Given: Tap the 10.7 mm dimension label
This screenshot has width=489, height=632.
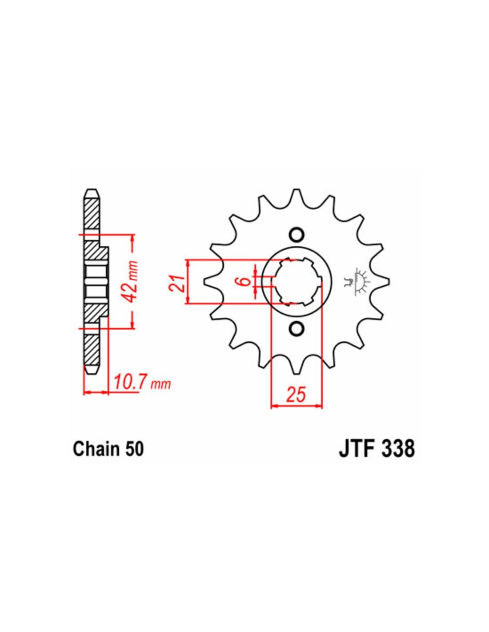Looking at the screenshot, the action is [142, 383].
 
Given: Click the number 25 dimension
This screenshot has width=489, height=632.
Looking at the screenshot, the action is [296, 394].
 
